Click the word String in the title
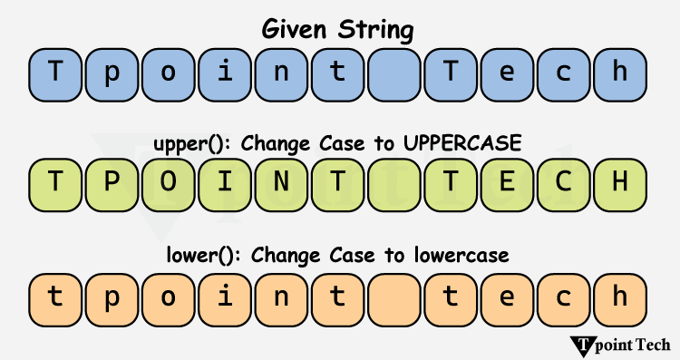[375, 30]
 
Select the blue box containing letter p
[112, 70]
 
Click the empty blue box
[394, 70]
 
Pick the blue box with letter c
[565, 70]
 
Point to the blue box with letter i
[225, 70]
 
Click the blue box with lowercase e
[508, 70]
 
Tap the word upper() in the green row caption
[184, 143]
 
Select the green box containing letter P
[112, 182]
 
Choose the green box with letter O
[169, 182]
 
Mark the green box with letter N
[281, 182]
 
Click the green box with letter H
[621, 182]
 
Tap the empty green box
[394, 182]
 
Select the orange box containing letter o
[169, 297]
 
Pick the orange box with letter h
[621, 297]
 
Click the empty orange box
[394, 297]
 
